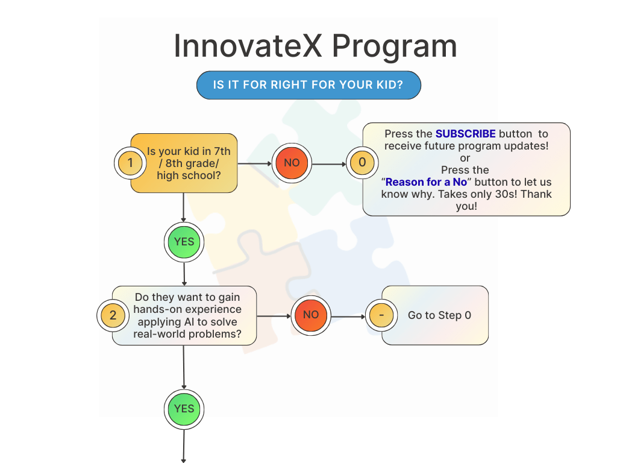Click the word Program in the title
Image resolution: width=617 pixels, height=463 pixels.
(394, 46)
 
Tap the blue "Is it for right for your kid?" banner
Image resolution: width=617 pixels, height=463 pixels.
(308, 85)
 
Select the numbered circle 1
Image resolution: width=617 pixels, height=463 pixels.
(131, 163)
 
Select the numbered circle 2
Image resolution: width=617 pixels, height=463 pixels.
(113, 315)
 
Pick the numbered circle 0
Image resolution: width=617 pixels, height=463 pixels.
(362, 163)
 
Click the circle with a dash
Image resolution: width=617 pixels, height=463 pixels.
(381, 315)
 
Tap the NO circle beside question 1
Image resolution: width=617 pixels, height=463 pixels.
(292, 163)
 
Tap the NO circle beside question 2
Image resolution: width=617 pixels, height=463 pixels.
(311, 315)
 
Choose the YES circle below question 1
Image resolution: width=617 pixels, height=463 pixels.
(184, 242)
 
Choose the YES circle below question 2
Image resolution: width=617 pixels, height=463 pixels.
(184, 409)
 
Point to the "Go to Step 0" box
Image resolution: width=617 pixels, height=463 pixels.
(439, 315)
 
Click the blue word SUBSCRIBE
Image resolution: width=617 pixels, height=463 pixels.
(465, 134)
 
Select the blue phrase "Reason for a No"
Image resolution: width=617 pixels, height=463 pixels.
(426, 182)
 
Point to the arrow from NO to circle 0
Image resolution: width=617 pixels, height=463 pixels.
(329, 163)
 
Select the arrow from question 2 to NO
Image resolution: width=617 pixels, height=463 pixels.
(274, 315)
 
